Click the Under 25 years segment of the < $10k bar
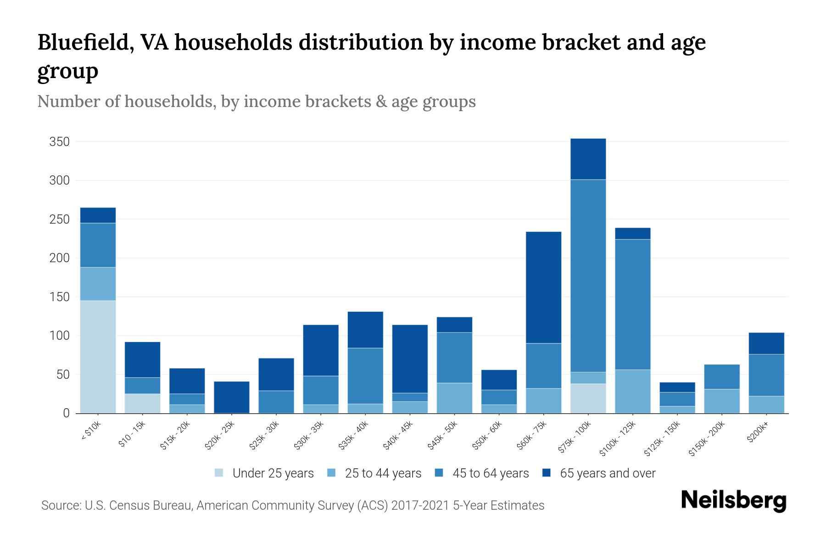98,357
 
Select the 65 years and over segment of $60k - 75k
543,287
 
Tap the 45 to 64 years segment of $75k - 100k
588,275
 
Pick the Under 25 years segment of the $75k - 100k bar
588,398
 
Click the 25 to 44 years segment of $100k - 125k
632,391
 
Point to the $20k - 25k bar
231,397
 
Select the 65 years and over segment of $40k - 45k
410,359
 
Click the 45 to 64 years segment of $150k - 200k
721,377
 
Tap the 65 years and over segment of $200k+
766,343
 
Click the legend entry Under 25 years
273,473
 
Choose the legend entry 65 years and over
607,473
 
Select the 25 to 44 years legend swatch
331,473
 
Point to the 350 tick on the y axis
59,142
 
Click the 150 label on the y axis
59,297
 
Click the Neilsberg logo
733,500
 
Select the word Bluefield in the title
85,42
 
